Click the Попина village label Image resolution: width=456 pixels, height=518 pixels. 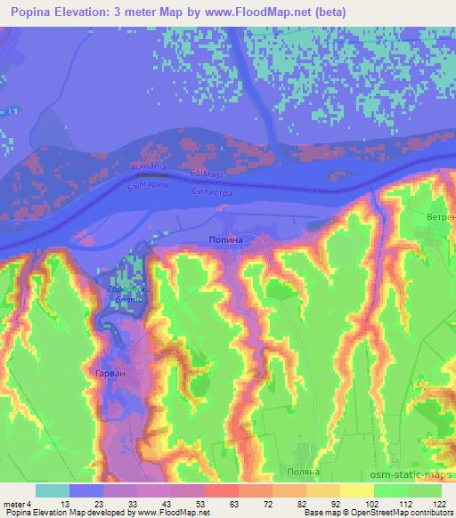224,240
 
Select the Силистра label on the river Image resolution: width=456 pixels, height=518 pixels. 213,190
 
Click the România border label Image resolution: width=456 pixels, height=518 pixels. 148,167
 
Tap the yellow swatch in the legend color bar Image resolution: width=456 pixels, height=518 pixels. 357,490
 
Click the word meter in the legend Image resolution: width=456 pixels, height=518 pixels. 12,505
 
